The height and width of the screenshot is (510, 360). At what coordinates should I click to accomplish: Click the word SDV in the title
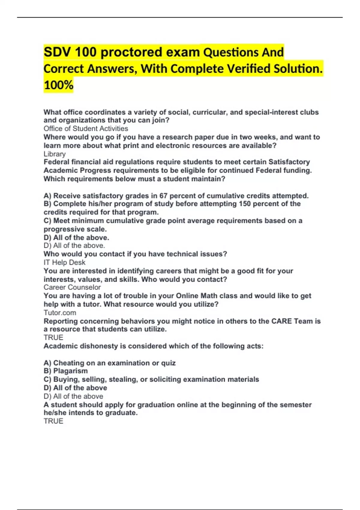[x=57, y=52]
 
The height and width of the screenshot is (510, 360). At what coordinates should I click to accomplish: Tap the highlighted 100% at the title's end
[x=58, y=85]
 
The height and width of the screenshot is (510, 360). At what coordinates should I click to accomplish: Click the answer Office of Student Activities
[x=86, y=129]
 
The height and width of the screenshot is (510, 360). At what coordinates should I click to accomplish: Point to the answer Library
[x=55, y=154]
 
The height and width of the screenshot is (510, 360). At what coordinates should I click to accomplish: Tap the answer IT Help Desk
[x=64, y=262]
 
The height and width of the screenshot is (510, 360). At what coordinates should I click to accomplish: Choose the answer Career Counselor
[x=72, y=287]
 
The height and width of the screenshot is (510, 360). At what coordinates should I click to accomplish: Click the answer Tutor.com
[x=60, y=313]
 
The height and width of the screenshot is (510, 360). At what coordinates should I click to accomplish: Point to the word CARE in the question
[x=281, y=321]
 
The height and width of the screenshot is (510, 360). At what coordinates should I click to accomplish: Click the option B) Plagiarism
[x=66, y=371]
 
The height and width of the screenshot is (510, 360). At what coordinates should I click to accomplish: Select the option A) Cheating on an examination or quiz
[x=109, y=363]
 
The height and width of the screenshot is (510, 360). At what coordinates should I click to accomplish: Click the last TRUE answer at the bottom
[x=53, y=421]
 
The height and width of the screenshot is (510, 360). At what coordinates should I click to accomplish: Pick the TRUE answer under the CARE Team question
[x=53, y=337]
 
